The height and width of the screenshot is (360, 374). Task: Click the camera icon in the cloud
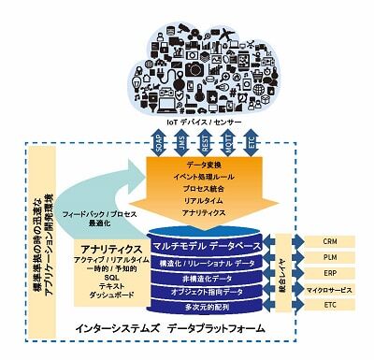click(x=194, y=68)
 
